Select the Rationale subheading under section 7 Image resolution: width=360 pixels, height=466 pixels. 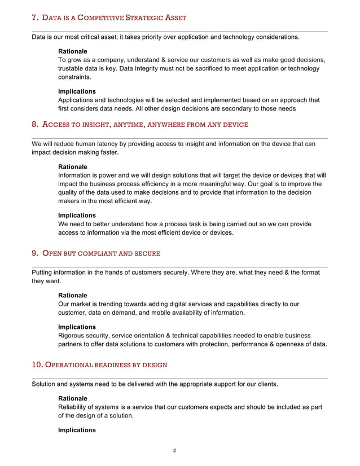pos(73,51)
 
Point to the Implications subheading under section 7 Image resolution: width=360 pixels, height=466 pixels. pos(77,91)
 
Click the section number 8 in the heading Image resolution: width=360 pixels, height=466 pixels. pos(34,124)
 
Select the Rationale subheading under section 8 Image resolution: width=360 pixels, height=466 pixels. pos(73,166)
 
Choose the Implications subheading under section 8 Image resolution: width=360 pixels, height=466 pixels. pos(77,215)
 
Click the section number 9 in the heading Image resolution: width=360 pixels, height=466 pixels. pos(34,253)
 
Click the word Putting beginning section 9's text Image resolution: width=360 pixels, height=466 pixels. pos(43,272)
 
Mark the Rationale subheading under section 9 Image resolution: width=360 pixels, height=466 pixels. pos(73,295)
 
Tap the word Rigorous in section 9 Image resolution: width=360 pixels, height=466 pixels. pos(73,336)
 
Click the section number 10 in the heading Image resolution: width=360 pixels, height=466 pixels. pos(37,364)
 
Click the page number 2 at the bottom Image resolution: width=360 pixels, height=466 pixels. pos(175,450)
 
